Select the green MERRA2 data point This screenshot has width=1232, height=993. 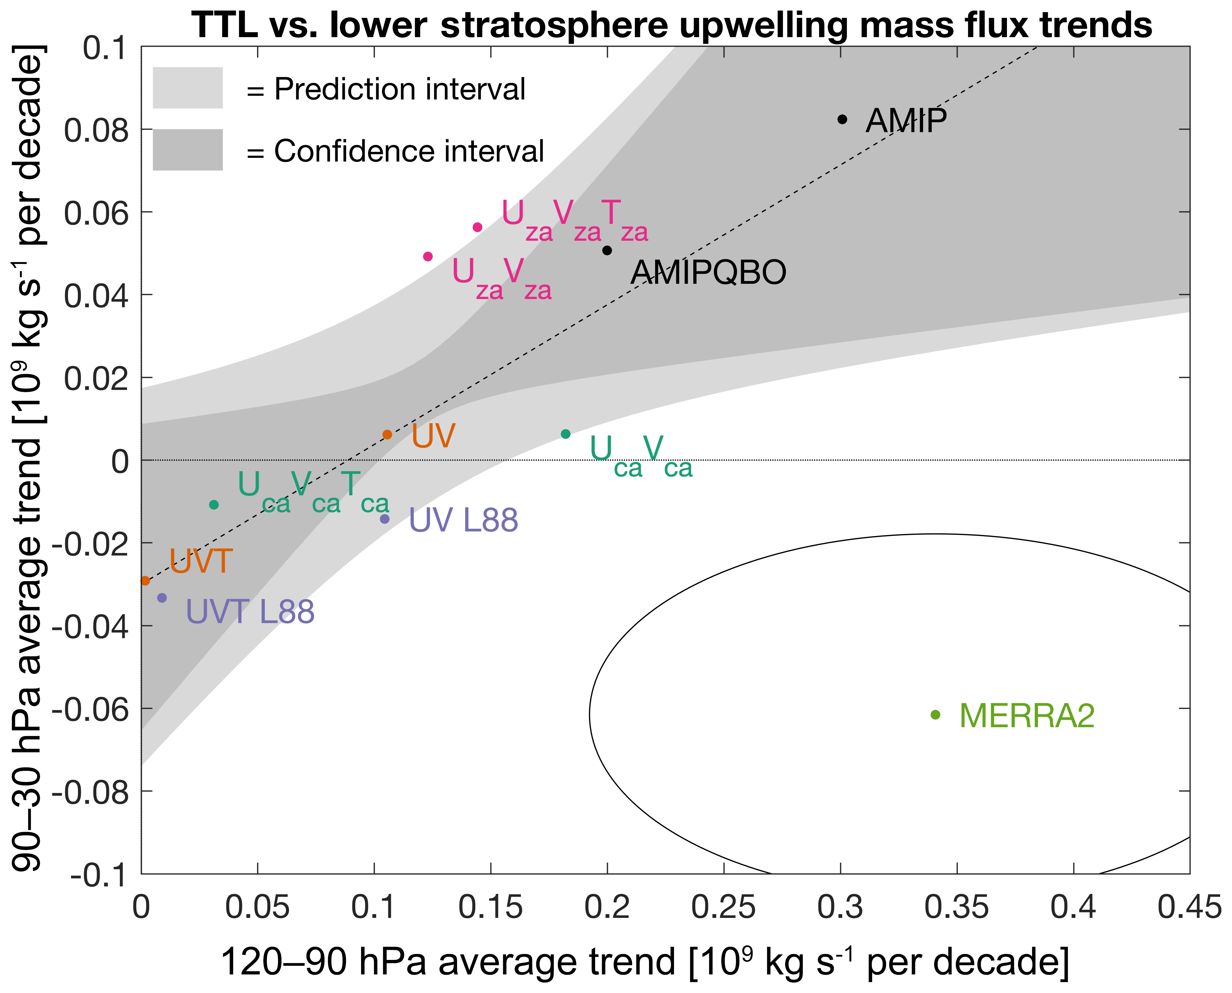point(935,714)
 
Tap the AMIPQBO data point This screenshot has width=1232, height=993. point(607,250)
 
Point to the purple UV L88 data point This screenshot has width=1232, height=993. point(385,519)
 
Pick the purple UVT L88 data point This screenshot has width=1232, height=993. point(162,598)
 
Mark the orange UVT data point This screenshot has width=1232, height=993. point(145,581)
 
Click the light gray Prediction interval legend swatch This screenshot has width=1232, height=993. point(188,88)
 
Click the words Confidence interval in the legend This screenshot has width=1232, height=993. point(409,152)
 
